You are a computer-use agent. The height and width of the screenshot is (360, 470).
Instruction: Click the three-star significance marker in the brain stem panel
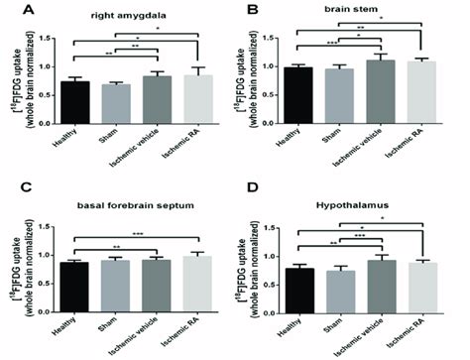[326, 42]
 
